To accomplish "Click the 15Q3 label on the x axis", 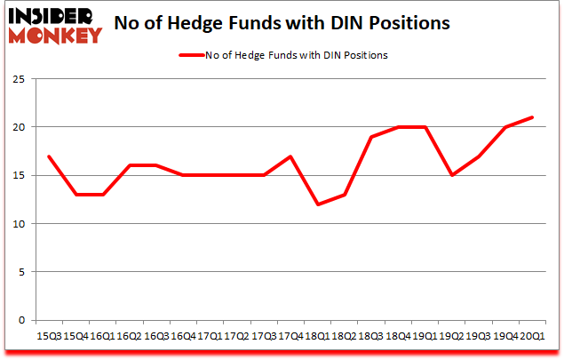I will click(x=49, y=336).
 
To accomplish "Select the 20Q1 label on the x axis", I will click(x=532, y=336).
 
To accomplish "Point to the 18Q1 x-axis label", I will click(x=317, y=336).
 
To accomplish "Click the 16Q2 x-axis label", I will click(x=130, y=336).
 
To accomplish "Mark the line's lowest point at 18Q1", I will click(x=317, y=204).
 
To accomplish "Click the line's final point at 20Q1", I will click(x=532, y=117).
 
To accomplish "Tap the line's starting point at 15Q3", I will click(x=49, y=156).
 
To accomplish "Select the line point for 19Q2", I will click(x=451, y=175).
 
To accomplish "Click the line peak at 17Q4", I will click(x=290, y=156).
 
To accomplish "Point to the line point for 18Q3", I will click(x=371, y=137).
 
